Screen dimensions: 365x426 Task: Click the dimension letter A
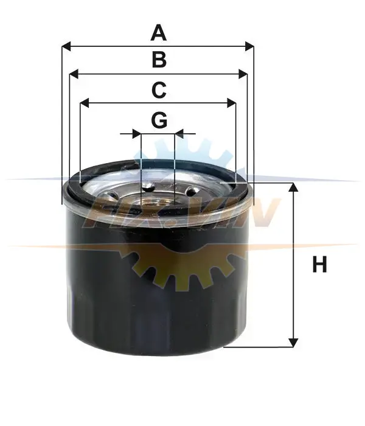point(159,33)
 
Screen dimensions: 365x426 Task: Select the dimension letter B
point(159,60)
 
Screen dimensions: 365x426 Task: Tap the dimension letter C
point(159,90)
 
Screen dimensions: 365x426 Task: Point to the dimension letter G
point(159,120)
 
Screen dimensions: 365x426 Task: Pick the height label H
point(319,264)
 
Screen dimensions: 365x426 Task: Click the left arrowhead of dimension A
point(66,46)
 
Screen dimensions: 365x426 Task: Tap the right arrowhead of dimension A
point(249,46)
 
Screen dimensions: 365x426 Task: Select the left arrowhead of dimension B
point(74,74)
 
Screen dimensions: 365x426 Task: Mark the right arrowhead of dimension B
point(243,74)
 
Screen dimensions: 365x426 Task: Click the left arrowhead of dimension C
point(85,103)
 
